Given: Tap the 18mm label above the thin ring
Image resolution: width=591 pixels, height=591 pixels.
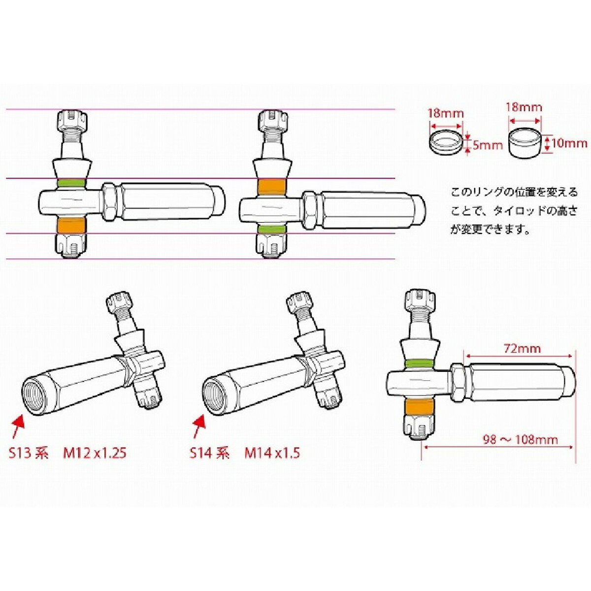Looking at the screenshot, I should pyautogui.click(x=445, y=113).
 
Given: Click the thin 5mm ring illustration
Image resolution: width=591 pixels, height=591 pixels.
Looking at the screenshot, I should pyautogui.click(x=445, y=142).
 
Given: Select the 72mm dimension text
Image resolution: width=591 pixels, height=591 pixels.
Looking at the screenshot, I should pyautogui.click(x=522, y=349).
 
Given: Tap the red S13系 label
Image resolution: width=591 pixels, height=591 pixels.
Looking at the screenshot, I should pyautogui.click(x=29, y=453).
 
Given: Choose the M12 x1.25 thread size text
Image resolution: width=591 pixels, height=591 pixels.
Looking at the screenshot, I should pyautogui.click(x=94, y=453).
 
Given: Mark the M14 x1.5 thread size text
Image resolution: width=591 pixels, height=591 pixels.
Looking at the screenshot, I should pyautogui.click(x=272, y=453).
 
